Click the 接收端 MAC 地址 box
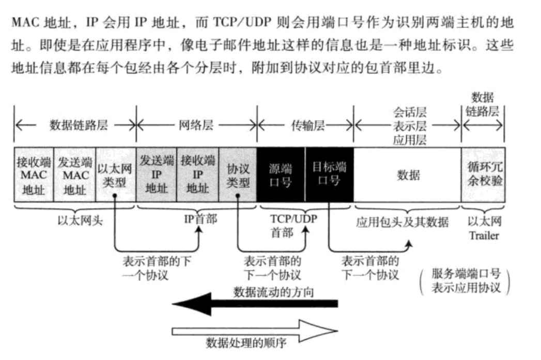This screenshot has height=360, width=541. click(34, 175)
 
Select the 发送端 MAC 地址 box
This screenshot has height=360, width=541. click(75, 175)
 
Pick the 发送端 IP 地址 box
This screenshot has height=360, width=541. click(157, 175)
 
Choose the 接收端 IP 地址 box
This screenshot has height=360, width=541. click(197, 175)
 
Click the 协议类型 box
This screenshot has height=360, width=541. click(238, 175)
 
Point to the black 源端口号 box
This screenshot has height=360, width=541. click(281, 175)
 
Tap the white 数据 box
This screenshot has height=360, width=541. click(408, 175)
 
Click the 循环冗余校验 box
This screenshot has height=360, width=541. click(484, 175)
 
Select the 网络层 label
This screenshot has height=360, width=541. click(196, 126)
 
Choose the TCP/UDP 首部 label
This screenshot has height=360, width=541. click(293, 225)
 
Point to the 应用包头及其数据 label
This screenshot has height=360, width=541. click(402, 223)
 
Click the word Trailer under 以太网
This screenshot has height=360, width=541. click(484, 236)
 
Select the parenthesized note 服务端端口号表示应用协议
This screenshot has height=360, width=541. click(466, 281)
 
